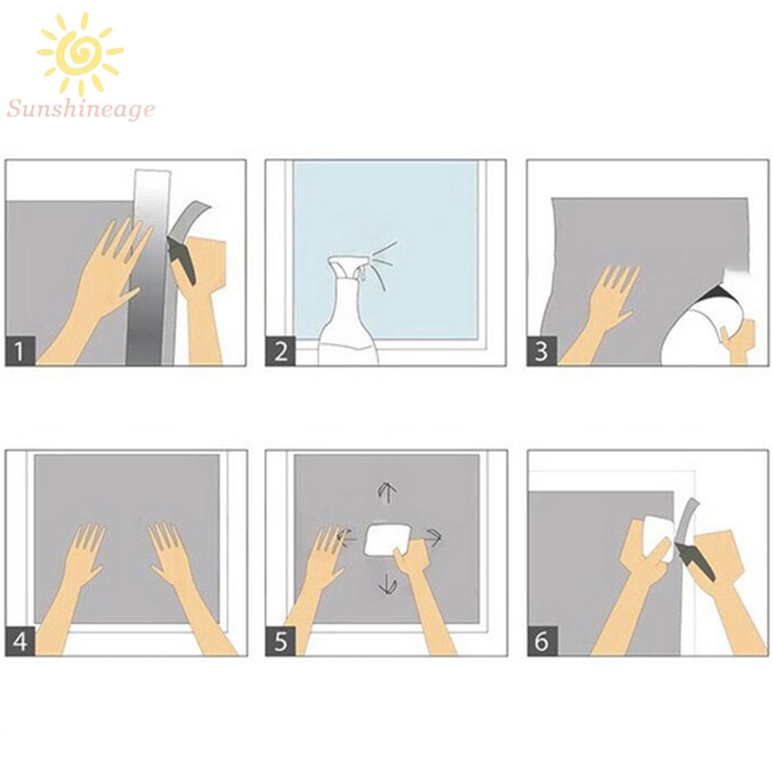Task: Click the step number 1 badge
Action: tap(20, 351)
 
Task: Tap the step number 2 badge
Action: tap(280, 351)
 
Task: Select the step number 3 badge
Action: tap(542, 351)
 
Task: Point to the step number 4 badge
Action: tap(20, 641)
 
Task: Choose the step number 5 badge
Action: tap(280, 641)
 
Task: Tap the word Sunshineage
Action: tap(81, 109)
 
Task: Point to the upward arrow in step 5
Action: tap(387, 493)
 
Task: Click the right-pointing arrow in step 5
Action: tap(432, 537)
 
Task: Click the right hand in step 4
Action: tap(190, 587)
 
